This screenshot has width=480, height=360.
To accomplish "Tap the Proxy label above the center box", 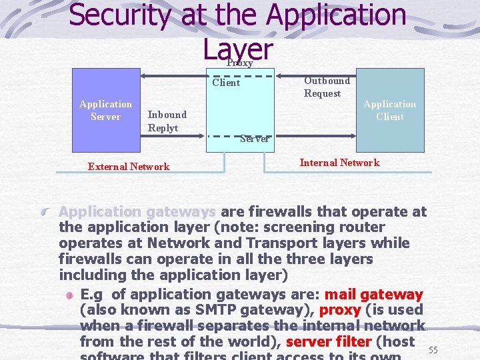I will click(239, 63).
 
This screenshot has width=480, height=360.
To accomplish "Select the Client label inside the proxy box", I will click(226, 83).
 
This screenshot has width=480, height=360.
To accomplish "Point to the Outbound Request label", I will click(326, 87).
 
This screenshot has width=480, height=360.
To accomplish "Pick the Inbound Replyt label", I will click(167, 121).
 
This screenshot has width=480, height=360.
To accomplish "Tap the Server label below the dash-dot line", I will click(254, 139).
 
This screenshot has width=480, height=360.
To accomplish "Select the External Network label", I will click(129, 167).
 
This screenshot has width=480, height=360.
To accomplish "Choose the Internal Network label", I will click(339, 163).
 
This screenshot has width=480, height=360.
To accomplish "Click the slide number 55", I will click(433, 350).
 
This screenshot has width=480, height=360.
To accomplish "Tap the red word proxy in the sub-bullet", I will click(340, 310).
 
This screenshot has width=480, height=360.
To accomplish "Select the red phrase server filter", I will click(328, 342).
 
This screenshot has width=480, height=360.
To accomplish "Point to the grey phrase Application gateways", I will click(137, 212).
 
